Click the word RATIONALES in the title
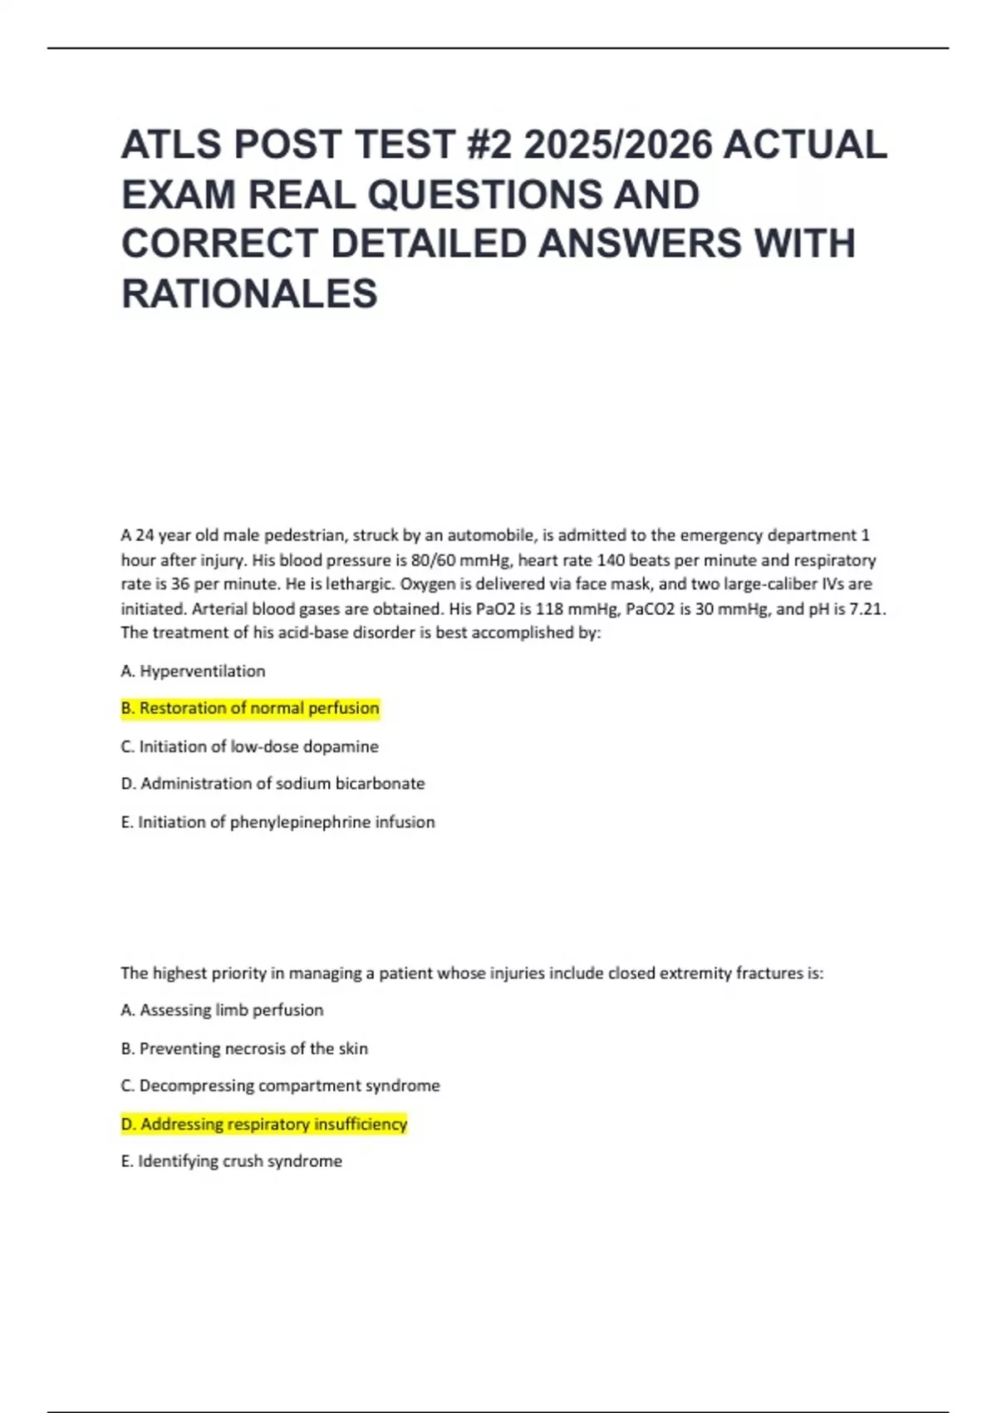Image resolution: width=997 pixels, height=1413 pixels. click(249, 293)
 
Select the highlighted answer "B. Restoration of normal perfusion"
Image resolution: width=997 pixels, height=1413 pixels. click(250, 708)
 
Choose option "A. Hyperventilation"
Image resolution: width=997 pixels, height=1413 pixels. click(194, 671)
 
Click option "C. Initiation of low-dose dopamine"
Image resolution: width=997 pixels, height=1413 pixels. click(250, 746)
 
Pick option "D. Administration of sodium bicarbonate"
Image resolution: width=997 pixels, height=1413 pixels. click(273, 783)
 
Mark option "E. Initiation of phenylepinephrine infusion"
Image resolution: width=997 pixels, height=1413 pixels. click(278, 822)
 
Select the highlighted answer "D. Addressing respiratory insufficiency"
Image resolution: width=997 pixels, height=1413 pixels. click(264, 1124)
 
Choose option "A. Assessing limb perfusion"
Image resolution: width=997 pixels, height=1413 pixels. click(223, 1010)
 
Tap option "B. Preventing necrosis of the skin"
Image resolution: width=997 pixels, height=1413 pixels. click(244, 1048)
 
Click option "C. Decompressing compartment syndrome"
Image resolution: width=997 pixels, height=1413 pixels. click(281, 1086)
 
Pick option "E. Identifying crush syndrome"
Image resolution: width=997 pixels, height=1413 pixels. click(232, 1161)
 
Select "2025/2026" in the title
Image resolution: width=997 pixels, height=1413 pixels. click(618, 145)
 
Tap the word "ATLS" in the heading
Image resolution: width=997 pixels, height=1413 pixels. click(171, 145)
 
